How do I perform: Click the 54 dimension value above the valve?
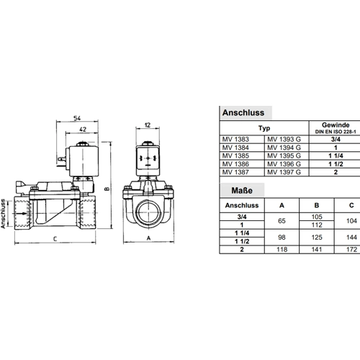tap(77, 118)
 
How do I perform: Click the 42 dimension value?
tap(83, 130)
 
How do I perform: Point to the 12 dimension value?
tap(148, 125)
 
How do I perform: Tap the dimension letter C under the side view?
tap(55, 239)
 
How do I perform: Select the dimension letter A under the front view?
tap(148, 238)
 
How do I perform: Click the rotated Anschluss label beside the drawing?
tap(3, 214)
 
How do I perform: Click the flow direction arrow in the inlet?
tap(22, 213)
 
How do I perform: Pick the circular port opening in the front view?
tap(148, 212)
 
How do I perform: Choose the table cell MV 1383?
tap(235, 140)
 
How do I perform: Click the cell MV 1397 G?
tap(284, 172)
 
